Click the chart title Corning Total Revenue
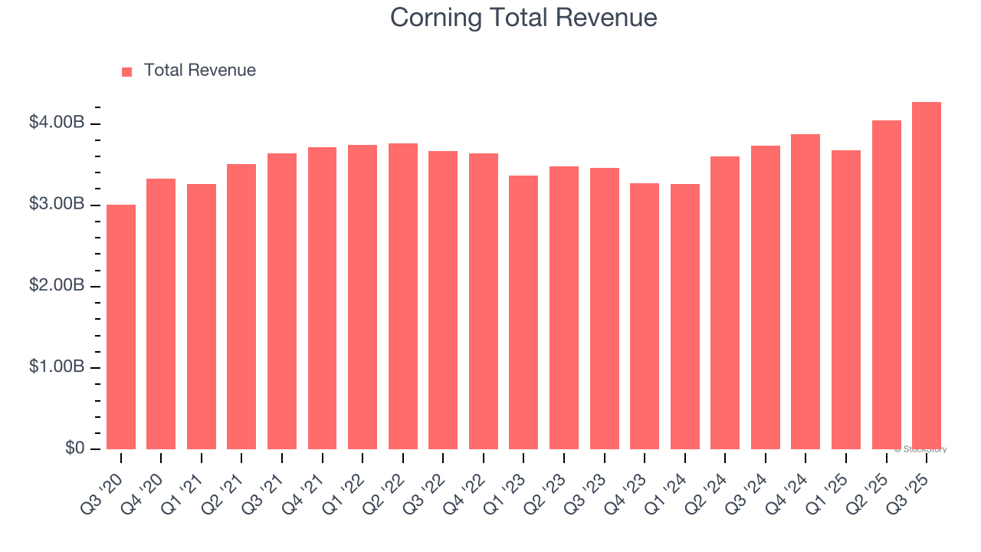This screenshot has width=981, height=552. click(x=523, y=17)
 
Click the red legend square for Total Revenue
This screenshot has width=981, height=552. click(x=127, y=71)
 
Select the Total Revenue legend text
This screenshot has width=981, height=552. click(x=199, y=71)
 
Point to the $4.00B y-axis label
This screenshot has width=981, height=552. click(x=57, y=123)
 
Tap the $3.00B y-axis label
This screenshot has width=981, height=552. click(x=57, y=204)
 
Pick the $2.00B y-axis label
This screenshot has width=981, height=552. click(x=57, y=285)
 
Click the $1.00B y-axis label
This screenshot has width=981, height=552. click(x=57, y=366)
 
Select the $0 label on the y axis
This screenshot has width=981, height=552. click(x=75, y=448)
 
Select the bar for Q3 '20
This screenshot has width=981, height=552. click(x=121, y=327)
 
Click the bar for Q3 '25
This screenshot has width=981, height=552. click(x=927, y=276)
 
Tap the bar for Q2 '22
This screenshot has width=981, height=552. click(x=403, y=297)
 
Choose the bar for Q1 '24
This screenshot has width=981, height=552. click(x=684, y=317)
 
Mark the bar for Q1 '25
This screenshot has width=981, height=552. click(x=846, y=300)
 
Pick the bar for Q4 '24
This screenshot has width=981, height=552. click(x=805, y=292)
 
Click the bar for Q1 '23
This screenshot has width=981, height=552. click(x=523, y=313)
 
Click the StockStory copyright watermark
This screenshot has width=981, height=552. click(x=920, y=449)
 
